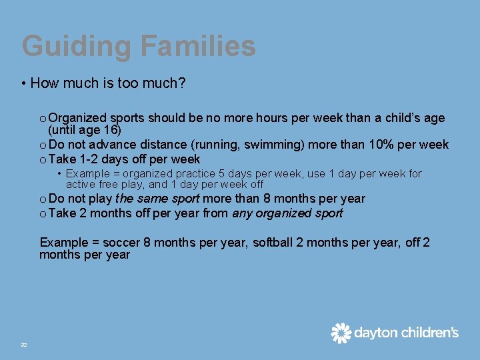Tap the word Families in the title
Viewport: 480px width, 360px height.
tap(198, 47)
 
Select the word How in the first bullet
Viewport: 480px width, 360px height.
tap(44, 83)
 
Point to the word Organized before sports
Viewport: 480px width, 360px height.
tap(78, 118)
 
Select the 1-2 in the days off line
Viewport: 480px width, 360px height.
tap(91, 159)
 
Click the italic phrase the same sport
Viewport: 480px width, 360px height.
tap(157, 199)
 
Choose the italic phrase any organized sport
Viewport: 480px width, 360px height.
tap(287, 213)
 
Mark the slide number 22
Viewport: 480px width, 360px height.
tap(24, 344)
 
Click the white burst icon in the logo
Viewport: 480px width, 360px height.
tap(341, 333)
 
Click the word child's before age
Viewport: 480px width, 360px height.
tap(407, 118)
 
